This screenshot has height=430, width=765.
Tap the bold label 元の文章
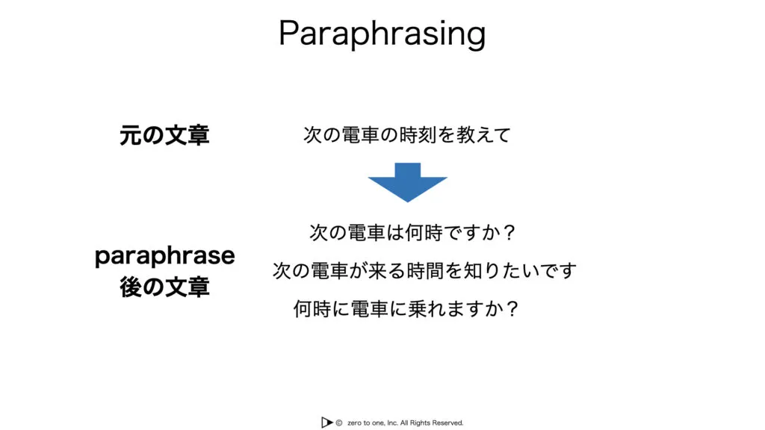tap(164, 135)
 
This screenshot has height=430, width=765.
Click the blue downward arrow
tap(407, 182)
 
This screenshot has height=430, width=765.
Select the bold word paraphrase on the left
tap(165, 256)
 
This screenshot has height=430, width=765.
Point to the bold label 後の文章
tap(164, 287)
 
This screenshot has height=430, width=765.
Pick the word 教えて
tap(483, 135)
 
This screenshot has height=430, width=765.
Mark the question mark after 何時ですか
tap(510, 233)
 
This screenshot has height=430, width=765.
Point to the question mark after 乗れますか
tap(512, 308)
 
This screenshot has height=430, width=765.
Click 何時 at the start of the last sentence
tap(312, 308)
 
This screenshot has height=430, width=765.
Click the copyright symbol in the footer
tap(338, 423)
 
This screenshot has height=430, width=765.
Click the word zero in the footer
tap(355, 423)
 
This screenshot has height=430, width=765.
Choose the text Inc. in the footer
tap(392, 423)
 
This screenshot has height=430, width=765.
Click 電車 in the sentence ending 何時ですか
tap(367, 233)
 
